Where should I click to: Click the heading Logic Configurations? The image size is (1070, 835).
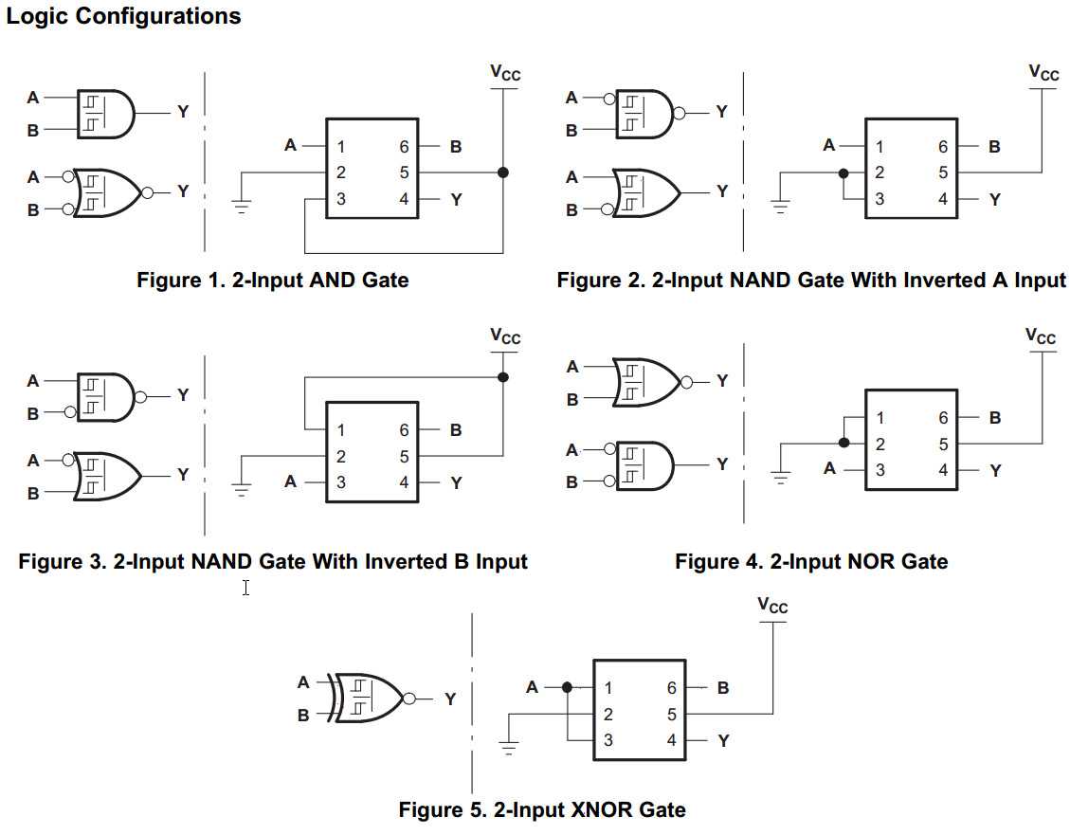click(x=124, y=16)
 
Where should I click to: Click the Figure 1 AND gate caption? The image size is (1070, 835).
click(x=273, y=280)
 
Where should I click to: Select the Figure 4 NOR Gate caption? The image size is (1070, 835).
click(x=811, y=561)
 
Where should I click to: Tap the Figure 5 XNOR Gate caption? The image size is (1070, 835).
click(x=542, y=809)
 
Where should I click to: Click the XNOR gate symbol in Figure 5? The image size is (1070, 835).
click(x=370, y=699)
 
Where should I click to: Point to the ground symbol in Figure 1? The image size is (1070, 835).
click(x=241, y=208)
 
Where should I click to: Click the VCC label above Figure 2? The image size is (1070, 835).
click(x=1043, y=73)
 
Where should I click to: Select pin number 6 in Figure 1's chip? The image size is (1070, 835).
click(x=405, y=147)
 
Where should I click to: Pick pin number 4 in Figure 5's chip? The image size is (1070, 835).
click(x=672, y=740)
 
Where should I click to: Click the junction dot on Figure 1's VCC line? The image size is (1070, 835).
click(x=503, y=172)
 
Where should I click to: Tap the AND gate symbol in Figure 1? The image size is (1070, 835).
click(x=105, y=113)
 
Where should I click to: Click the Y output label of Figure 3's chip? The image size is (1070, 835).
click(x=457, y=482)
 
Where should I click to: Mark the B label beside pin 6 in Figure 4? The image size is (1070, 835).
click(x=994, y=418)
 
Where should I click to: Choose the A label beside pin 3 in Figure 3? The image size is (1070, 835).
click(x=290, y=482)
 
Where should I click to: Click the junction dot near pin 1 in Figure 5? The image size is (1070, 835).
click(x=567, y=687)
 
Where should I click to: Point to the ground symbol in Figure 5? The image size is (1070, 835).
click(x=510, y=749)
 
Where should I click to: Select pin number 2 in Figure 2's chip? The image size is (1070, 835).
click(x=880, y=172)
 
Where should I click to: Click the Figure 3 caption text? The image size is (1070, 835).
click(x=273, y=561)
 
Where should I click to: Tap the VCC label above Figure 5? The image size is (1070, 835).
click(x=773, y=606)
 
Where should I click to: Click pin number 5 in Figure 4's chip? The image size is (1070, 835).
click(x=943, y=444)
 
